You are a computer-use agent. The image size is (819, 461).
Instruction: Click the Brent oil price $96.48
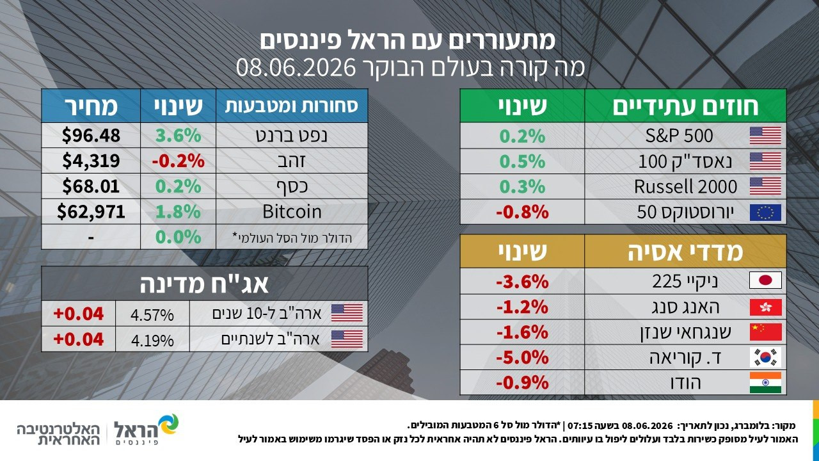pos(91,135)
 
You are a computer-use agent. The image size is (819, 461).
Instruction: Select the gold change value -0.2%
pos(178,161)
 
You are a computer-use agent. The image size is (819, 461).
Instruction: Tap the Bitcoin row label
pos(292,212)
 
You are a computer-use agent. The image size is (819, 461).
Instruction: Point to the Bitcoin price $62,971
pos(91,212)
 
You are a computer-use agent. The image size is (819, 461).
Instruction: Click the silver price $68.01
pos(91,186)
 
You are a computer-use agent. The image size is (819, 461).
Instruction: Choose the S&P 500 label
pos(679,136)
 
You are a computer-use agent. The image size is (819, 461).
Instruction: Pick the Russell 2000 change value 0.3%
pos(522,186)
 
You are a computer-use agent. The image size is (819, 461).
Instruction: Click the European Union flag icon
pos(765,213)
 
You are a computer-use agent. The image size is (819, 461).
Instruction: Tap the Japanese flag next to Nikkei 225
pos(765,280)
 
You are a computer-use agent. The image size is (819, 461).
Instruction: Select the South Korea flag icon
pos(765,357)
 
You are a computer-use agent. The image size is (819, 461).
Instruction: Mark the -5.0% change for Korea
pos(522,357)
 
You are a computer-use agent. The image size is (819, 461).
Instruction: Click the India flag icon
pos(765,383)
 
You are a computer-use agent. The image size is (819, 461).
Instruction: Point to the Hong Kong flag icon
pos(765,307)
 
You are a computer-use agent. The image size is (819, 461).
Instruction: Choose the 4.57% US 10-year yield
pos(152,314)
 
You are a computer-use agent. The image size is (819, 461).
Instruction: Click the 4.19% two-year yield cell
pos(152,340)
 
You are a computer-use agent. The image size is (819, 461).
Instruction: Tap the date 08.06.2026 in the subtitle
pos(296,67)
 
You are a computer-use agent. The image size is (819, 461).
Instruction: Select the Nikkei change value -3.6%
pos(522,281)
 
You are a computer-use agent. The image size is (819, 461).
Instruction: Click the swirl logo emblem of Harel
pos(168,425)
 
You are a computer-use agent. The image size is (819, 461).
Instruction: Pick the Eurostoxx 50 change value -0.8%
pos(522,212)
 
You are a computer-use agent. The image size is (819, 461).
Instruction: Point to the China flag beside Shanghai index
pos(765,332)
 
